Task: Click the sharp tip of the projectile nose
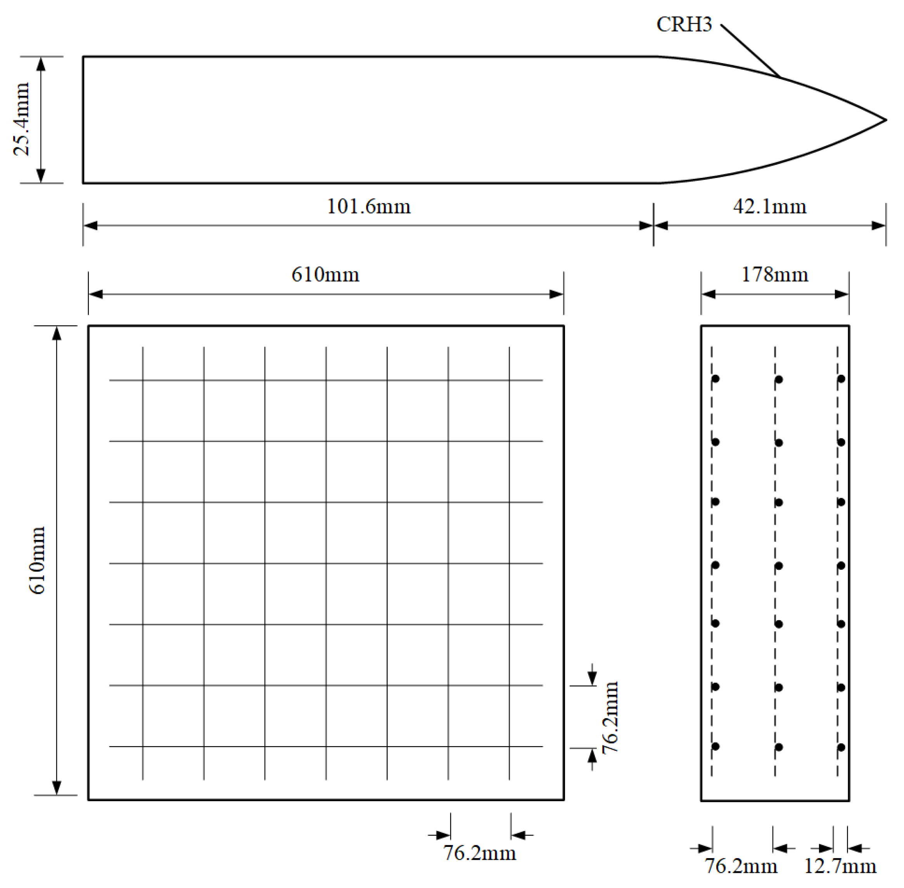pyautogui.click(x=885, y=120)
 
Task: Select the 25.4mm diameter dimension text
pyautogui.click(x=21, y=119)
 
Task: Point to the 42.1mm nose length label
pyautogui.click(x=769, y=206)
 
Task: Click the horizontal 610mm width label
pyautogui.click(x=325, y=274)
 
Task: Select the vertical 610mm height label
pyautogui.click(x=37, y=560)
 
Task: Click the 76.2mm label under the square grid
pyautogui.click(x=479, y=853)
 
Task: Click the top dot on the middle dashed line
pyautogui.click(x=778, y=379)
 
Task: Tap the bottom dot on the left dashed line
pyautogui.click(x=715, y=746)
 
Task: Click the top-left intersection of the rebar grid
pyautogui.click(x=143, y=380)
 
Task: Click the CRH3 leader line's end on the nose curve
pyautogui.click(x=780, y=77)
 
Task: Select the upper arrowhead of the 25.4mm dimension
pyautogui.click(x=41, y=64)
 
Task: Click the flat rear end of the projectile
pyautogui.click(x=83, y=120)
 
